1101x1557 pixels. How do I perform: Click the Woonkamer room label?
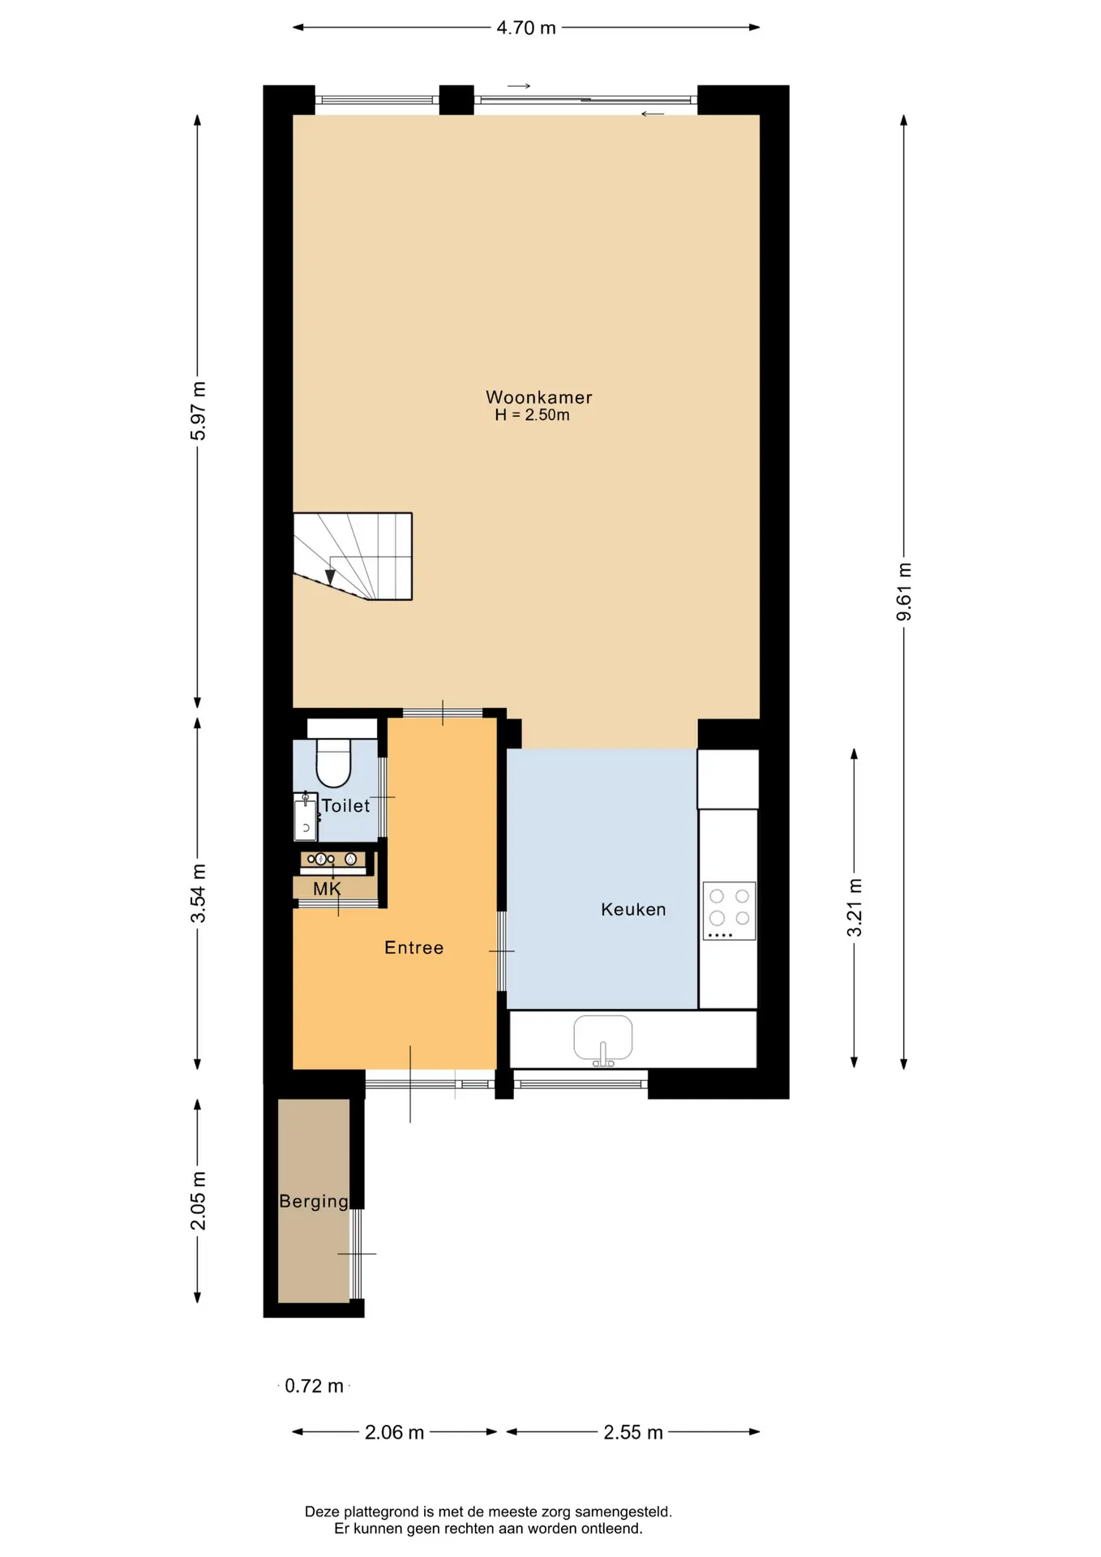click(x=539, y=397)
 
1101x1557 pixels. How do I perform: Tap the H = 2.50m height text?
click(x=533, y=415)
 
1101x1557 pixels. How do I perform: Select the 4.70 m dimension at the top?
click(x=526, y=28)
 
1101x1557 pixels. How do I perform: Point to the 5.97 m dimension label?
click(x=198, y=410)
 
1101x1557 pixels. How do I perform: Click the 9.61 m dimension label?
click(x=904, y=592)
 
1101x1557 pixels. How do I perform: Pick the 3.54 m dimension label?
click(x=198, y=893)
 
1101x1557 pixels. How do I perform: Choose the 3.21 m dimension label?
click(x=855, y=907)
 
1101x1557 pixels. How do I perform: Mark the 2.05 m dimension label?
click(x=198, y=1200)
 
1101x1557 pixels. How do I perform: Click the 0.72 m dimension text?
click(x=314, y=1386)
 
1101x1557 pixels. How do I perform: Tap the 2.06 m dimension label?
click(x=394, y=1432)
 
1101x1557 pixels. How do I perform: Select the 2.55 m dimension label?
click(x=633, y=1432)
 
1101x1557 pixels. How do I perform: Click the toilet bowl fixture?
click(x=333, y=763)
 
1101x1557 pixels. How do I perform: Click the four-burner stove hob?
click(x=730, y=911)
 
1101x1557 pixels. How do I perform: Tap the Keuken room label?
click(x=633, y=910)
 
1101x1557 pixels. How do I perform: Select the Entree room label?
click(x=413, y=948)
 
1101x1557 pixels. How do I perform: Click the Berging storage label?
click(x=314, y=1202)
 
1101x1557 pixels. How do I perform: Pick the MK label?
click(x=327, y=889)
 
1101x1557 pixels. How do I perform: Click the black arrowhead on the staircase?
click(x=330, y=577)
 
